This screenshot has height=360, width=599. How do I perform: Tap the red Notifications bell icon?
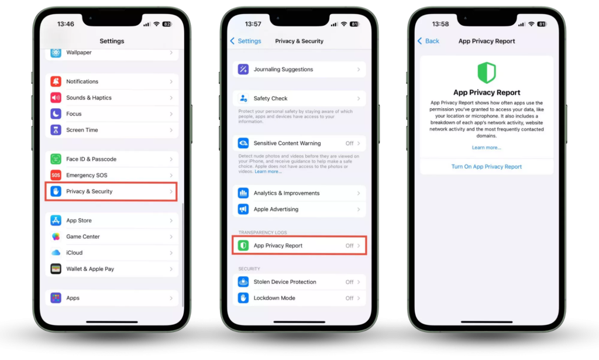pos(56,81)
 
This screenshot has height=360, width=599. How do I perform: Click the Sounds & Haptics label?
pos(89,98)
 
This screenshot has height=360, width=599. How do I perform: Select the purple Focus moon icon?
pos(56,114)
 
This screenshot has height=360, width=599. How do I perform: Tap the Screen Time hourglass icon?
pos(56,130)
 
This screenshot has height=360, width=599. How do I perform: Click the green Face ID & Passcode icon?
pos(56,159)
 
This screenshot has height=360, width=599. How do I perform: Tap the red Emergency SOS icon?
pos(56,175)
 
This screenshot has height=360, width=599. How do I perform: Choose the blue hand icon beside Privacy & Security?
pos(56,191)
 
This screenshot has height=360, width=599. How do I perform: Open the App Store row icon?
pos(56,221)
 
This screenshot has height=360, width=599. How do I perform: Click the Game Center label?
pos(83,236)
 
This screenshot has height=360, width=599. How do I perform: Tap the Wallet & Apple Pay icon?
pos(56,269)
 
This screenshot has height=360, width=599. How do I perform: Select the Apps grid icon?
pos(56,298)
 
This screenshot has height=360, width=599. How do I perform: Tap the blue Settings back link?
pos(246,41)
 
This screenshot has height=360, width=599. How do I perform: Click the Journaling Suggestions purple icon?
pos(243,69)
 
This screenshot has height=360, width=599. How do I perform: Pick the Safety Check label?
pos(270,98)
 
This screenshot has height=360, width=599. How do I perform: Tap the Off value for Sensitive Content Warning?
pos(350,143)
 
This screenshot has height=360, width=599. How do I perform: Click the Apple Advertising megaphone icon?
pos(243,210)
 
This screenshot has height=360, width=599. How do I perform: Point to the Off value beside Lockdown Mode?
pos(350,298)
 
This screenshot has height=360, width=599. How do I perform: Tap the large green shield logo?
pos(487,73)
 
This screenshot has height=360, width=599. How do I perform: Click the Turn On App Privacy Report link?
pos(486,167)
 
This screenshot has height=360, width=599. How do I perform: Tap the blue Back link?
pos(428,41)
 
